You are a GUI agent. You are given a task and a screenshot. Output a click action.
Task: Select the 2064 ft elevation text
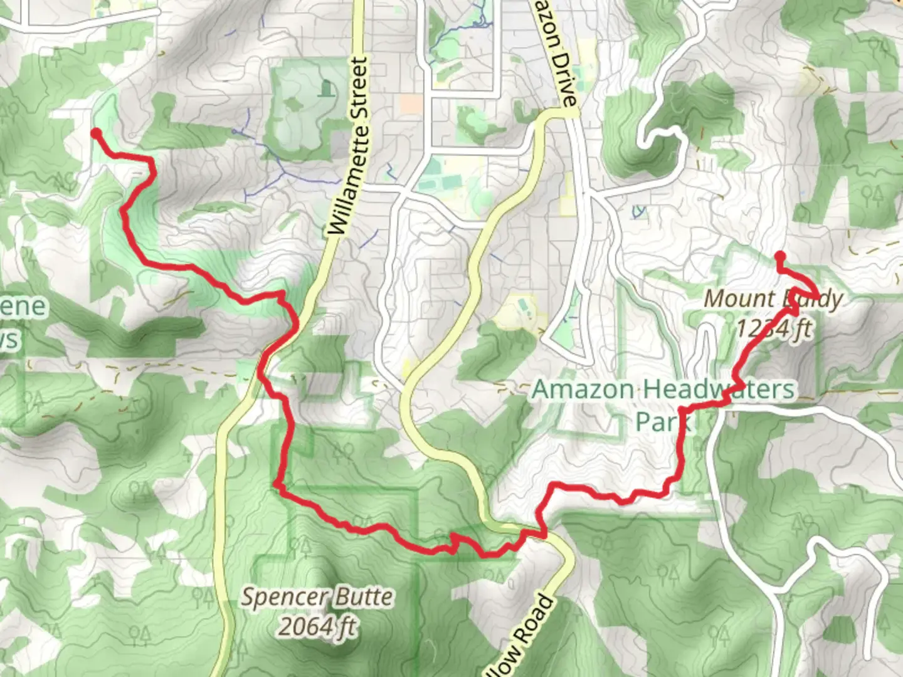[x=317, y=626]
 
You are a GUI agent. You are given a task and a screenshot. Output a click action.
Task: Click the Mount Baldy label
[x=773, y=299]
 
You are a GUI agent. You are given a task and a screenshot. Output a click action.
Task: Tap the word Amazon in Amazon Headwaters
[x=583, y=389]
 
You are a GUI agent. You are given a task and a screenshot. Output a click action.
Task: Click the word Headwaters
[x=719, y=389]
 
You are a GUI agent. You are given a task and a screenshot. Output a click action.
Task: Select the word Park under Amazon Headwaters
[x=662, y=421]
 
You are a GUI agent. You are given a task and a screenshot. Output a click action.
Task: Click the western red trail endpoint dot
[x=96, y=133]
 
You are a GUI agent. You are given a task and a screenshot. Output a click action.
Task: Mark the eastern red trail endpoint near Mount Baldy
[x=780, y=256]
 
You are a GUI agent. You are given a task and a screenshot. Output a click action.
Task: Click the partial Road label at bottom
[x=521, y=639]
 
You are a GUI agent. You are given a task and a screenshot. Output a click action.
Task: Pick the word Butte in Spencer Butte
[x=365, y=597]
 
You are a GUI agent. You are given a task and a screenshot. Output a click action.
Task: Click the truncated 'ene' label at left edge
[x=24, y=307]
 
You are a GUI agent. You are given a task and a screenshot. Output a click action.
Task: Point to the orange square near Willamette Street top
[x=411, y=104]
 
